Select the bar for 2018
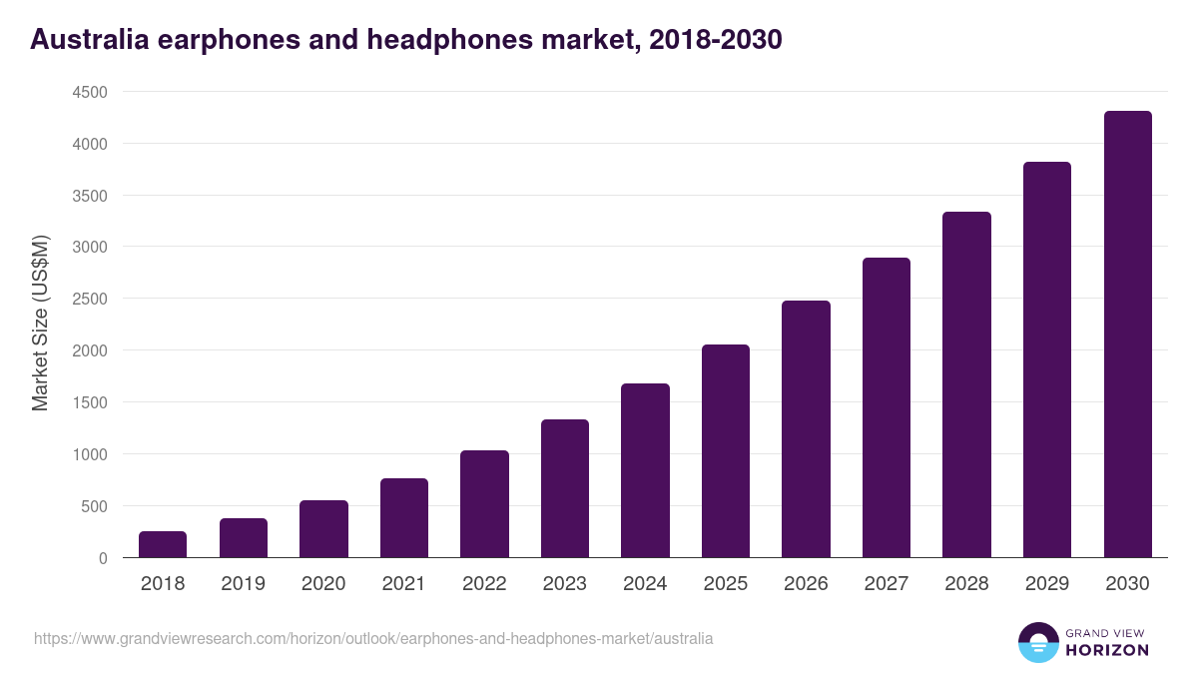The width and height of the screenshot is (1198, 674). (x=163, y=544)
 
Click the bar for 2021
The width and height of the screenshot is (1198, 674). (x=404, y=518)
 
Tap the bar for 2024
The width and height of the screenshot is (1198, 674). (x=645, y=470)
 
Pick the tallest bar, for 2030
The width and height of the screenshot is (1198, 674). (x=1127, y=335)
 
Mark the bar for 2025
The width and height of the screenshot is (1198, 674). (x=726, y=451)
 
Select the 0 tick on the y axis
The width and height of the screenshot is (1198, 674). (x=103, y=558)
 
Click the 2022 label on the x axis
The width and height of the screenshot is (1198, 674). (x=484, y=584)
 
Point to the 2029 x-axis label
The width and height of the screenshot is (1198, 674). (x=1047, y=584)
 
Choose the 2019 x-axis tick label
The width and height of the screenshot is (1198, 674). (x=244, y=584)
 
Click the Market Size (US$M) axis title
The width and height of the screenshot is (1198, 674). (x=40, y=324)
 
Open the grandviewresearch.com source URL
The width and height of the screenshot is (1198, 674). (x=373, y=638)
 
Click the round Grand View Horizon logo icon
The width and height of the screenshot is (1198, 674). (x=1037, y=642)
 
